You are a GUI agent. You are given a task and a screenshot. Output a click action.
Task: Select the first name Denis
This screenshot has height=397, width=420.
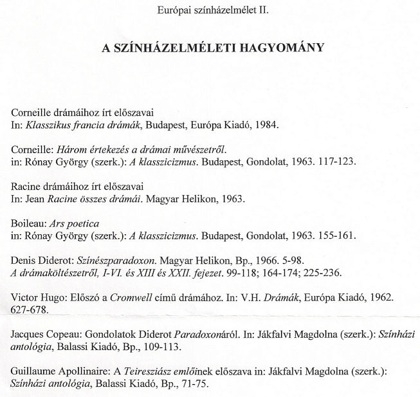point(24,261)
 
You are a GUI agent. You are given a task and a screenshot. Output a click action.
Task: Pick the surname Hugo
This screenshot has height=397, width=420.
point(53,299)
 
